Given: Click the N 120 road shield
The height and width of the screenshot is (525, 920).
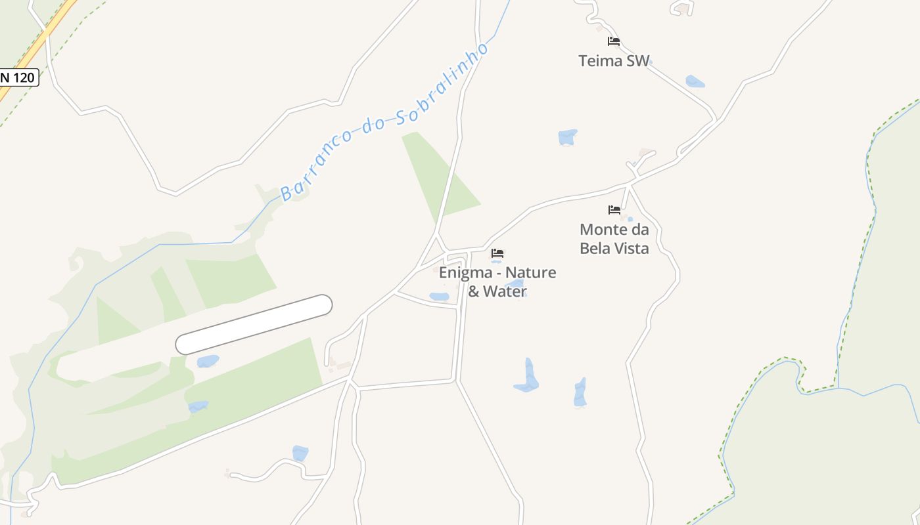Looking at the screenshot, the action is coord(18,77).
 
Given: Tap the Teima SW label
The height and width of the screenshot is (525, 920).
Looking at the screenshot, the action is coord(614,61).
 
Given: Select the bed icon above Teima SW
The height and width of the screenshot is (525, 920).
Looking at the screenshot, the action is coord(614,41).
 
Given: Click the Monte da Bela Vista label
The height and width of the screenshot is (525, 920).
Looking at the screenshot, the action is coord(614,239).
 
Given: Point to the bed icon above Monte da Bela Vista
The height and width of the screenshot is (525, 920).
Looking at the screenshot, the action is coord(614,210).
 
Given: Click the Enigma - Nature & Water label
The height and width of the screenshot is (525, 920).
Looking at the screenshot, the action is coord(497,282).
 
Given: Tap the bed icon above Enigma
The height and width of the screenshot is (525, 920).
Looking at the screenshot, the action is coord(497,253).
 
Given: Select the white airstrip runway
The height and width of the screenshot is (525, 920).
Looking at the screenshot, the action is coord(254,324).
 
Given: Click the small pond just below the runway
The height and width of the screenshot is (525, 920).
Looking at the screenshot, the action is coord(208,361).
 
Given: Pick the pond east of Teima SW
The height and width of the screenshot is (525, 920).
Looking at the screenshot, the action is coord(695,81).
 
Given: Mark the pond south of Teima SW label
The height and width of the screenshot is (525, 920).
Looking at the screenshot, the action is coord(567,137).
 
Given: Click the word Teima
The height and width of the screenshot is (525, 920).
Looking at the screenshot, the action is coord(600,61).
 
